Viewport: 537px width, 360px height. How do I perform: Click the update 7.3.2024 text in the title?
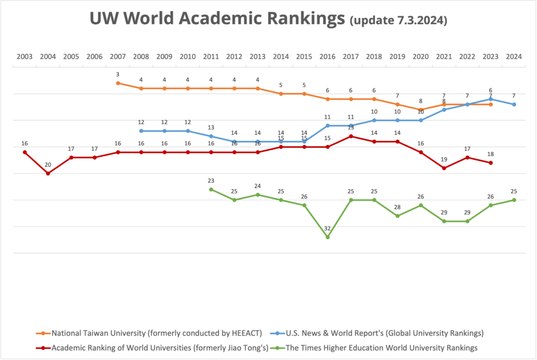398,20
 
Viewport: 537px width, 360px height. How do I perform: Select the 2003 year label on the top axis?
24,56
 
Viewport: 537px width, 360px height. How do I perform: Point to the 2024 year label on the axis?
514,56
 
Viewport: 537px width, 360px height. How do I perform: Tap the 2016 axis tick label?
328,56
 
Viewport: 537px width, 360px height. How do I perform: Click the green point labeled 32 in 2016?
328,237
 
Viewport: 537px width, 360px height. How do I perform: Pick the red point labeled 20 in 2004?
48,173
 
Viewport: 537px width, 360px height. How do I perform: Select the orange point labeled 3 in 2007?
118,83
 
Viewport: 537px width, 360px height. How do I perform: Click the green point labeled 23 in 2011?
211,189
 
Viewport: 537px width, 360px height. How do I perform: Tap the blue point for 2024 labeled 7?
514,104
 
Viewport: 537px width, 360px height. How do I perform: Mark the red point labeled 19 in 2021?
444,168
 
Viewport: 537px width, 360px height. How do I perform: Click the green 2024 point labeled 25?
514,200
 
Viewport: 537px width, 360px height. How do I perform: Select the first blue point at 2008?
141,131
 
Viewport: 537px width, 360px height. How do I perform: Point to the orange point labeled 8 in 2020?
421,110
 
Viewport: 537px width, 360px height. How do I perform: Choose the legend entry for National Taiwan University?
142,333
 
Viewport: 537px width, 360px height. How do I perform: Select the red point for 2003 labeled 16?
24,152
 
